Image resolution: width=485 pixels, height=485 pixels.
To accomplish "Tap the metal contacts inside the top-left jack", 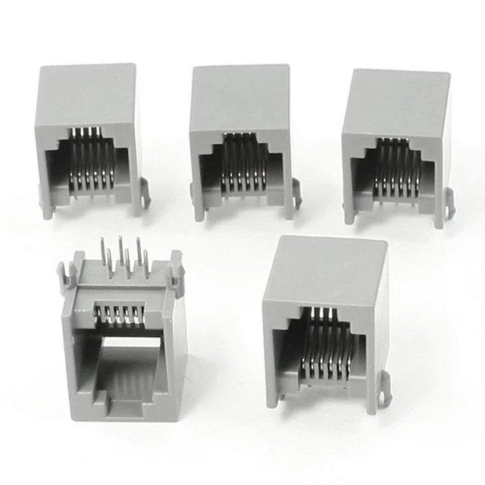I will [92, 158].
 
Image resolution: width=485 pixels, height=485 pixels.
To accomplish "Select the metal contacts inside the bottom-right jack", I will [324, 345].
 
